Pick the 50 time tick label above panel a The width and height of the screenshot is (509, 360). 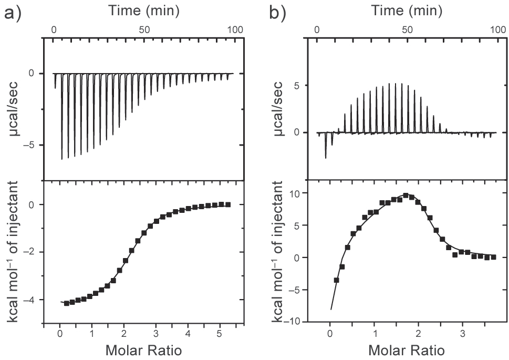[x=144, y=30]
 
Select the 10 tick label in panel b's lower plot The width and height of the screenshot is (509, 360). [x=297, y=193]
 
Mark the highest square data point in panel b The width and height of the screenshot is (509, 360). [x=406, y=195]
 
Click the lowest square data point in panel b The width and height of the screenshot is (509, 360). [x=336, y=280]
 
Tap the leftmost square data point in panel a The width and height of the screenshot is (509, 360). [x=66, y=303]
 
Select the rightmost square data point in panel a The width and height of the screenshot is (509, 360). [x=227, y=204]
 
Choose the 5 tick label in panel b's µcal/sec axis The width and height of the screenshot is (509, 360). [x=298, y=85]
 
